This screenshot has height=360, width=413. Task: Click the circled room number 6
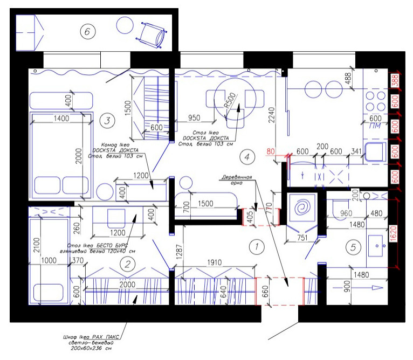[87, 32]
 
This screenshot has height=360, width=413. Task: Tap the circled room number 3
[107, 120]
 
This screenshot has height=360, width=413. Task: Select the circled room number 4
[246, 158]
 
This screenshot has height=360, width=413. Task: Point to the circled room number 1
[257, 247]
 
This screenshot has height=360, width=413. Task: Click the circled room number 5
[353, 248]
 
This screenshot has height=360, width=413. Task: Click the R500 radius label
[230, 100]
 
